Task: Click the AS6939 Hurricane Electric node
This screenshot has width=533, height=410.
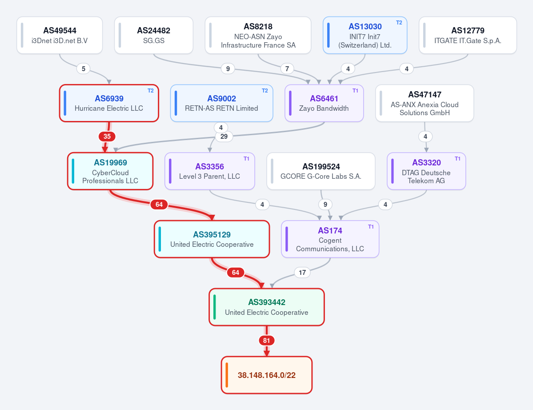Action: [109, 103]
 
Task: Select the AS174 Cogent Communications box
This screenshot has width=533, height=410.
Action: [330, 239]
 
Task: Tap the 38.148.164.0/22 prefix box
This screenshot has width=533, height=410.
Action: [267, 375]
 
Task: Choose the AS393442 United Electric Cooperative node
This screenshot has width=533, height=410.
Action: [267, 307]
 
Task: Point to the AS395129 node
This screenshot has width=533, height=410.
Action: [212, 239]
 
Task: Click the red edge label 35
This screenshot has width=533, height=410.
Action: [107, 137]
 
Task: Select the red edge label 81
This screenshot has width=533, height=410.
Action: [267, 340]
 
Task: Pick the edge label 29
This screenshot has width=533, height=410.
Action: [224, 137]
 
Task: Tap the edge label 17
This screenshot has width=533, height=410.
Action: [302, 272]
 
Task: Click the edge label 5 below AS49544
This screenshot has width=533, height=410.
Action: [84, 68]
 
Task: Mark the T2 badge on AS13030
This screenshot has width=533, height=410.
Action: [399, 22]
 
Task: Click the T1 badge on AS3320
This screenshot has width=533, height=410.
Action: [457, 158]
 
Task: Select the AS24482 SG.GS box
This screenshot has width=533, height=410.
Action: [154, 35]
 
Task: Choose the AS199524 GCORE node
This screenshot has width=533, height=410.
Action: [321, 171]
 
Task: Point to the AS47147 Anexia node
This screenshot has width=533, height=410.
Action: [425, 103]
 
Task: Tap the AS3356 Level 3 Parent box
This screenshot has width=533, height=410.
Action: [210, 171]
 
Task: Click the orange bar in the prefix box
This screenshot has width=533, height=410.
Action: [227, 375]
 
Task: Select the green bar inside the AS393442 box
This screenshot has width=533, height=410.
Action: [215, 307]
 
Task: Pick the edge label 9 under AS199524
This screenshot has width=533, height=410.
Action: [325, 204]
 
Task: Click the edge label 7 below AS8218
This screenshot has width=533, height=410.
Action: [287, 68]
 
